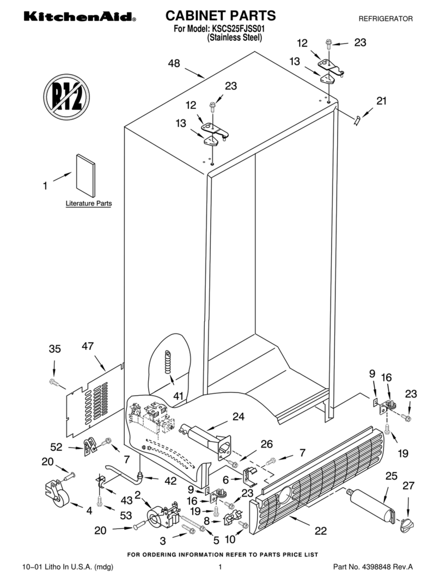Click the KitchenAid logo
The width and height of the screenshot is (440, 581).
coord(79,17)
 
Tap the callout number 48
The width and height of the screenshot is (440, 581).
coord(174,64)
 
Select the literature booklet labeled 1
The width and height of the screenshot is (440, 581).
coord(85,174)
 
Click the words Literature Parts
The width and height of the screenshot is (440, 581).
coord(89,203)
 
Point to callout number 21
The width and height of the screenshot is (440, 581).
coord(381,101)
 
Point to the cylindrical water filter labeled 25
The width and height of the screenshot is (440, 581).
coord(373,505)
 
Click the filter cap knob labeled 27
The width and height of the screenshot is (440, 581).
coord(406,525)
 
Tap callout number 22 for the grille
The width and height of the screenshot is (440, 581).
coord(321,530)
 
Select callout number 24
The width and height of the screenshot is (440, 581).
coord(239,417)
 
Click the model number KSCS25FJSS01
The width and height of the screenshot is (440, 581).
coord(238,29)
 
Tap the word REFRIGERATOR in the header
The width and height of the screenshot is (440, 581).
coord(385,19)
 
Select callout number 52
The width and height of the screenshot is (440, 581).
coord(56,447)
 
